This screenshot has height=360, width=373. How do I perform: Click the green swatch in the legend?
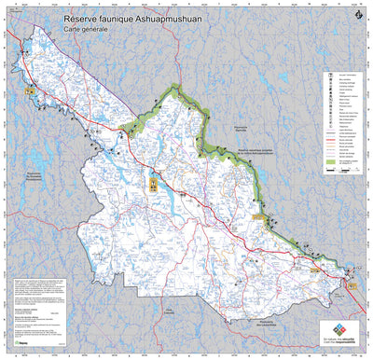328,163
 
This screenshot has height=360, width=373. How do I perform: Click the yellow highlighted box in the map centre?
152,182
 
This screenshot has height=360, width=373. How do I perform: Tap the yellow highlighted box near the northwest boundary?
30,92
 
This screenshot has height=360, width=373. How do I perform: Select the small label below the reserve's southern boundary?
169,311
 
